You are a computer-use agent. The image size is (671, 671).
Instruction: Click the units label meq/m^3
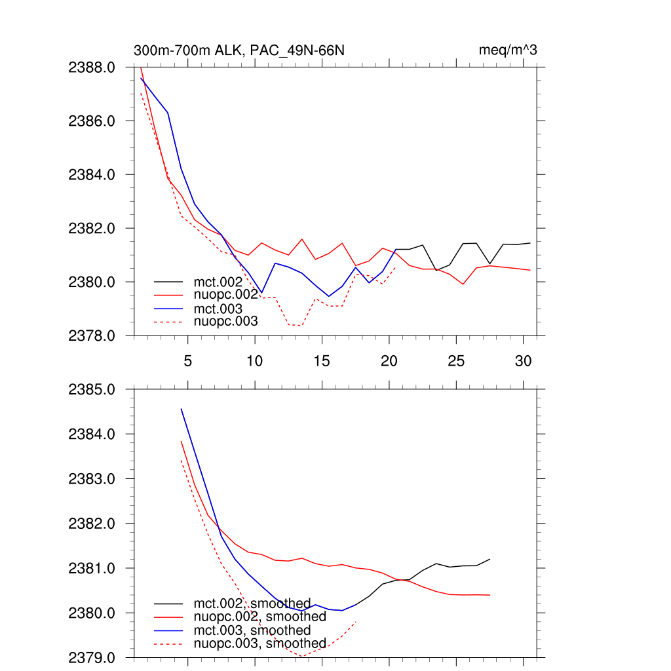click(508, 50)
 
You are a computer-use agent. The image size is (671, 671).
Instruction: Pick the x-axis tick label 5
click(188, 361)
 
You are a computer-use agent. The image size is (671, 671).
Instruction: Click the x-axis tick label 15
click(322, 361)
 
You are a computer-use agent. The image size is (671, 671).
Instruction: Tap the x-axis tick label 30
click(523, 361)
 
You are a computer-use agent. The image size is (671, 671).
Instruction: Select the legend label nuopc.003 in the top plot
click(226, 321)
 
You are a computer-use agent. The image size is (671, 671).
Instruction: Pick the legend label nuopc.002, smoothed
click(259, 617)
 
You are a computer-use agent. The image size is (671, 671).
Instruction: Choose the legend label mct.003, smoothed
click(252, 630)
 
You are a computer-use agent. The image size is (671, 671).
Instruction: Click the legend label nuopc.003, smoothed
click(259, 643)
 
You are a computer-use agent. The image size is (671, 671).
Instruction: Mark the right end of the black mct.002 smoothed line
click(490, 559)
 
